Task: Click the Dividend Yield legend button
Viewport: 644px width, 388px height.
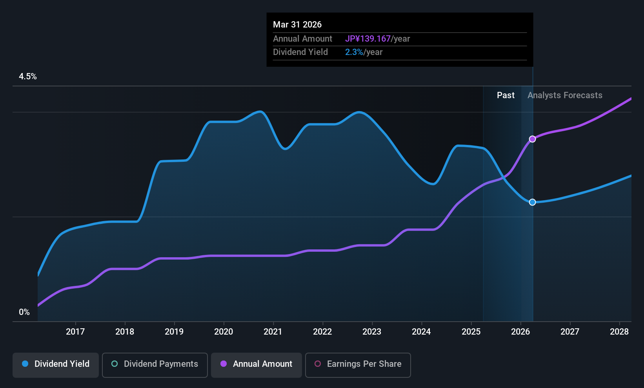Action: coord(55,365)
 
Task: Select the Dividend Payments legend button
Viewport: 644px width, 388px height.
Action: coord(155,365)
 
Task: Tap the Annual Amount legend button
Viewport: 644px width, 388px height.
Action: coord(257,365)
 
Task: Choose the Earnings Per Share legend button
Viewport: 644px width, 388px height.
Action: coord(358,365)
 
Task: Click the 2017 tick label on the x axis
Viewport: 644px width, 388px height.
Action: coord(75,331)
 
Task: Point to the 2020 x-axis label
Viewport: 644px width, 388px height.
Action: coord(224,331)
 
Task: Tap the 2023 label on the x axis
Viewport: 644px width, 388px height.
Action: coord(372,331)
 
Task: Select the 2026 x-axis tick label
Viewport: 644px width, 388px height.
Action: coord(521,331)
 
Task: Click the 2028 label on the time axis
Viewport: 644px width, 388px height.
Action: coord(620,331)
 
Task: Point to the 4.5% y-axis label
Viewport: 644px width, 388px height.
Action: coord(28,77)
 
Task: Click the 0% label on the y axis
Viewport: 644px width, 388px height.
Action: coord(24,312)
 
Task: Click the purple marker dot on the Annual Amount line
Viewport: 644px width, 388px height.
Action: coord(533,139)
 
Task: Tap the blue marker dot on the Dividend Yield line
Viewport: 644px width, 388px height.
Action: coord(533,202)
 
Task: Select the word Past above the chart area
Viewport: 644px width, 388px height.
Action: coord(506,95)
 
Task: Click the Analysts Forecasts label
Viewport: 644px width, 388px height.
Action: coord(565,95)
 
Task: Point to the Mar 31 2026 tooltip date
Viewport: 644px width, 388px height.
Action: coord(297,25)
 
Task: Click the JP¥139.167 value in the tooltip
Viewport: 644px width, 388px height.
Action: coord(368,38)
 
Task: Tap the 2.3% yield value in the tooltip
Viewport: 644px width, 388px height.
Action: coord(354,52)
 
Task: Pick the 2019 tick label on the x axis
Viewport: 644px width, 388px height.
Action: coord(174,331)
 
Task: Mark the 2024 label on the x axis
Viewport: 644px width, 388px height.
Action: coord(422,331)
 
